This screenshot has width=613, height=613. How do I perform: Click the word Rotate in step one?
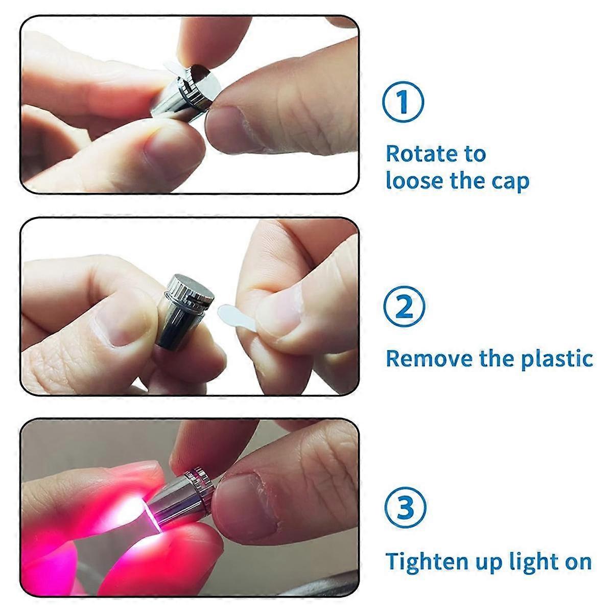tap(418, 153)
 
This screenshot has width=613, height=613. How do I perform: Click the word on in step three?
tap(577, 561)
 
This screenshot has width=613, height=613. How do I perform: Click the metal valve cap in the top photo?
tap(186, 92)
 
